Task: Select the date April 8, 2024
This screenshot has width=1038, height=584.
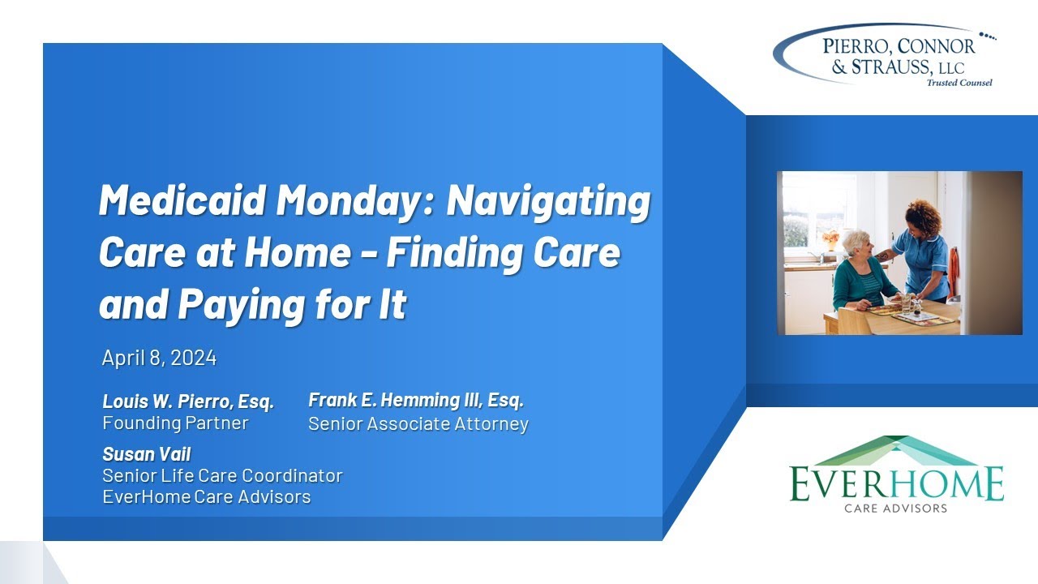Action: click(160, 358)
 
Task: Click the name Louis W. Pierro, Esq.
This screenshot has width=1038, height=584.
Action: click(188, 401)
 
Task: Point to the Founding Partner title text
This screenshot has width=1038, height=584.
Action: click(175, 423)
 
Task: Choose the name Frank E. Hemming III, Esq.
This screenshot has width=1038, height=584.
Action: click(416, 400)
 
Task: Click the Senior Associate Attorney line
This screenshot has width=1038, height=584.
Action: click(418, 423)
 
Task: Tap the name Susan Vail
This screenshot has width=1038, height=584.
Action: click(147, 454)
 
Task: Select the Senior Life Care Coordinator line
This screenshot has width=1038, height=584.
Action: click(222, 475)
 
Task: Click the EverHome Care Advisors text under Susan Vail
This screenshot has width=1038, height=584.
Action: click(207, 496)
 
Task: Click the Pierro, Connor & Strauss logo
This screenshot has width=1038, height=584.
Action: click(883, 55)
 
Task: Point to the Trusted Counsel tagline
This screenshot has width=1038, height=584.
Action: click(959, 83)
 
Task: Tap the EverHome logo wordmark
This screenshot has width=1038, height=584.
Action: click(896, 483)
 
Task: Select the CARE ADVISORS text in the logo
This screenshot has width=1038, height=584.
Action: click(895, 509)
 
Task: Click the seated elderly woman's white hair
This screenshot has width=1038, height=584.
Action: click(855, 241)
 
